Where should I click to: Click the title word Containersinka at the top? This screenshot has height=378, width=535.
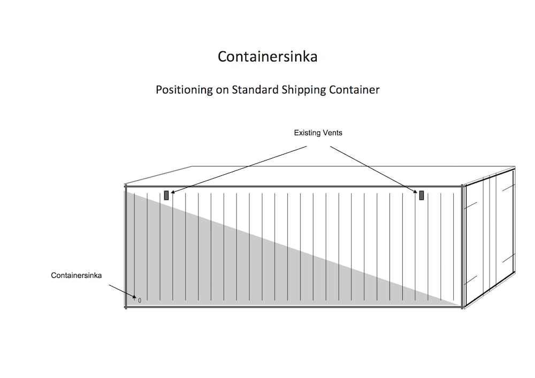tap(267, 57)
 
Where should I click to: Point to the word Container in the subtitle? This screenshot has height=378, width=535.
tap(355, 90)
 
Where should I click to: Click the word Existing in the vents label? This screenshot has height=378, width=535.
tap(306, 133)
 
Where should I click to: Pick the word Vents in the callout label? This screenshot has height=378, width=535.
tap(332, 133)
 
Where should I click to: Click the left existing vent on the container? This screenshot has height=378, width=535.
tap(166, 195)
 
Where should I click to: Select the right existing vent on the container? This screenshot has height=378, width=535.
tap(422, 195)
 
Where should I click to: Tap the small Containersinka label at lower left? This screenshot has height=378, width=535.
tap(77, 275)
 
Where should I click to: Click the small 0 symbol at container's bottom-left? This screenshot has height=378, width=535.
tap(140, 300)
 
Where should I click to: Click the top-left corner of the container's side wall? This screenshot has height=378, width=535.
tap(126, 187)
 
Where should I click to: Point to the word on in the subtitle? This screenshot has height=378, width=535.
tap(222, 90)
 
